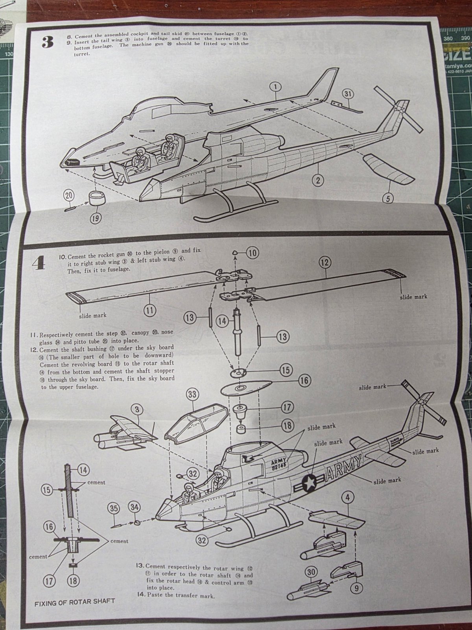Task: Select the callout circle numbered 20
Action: point(69,196)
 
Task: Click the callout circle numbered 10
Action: point(253,252)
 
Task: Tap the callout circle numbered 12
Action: point(325,262)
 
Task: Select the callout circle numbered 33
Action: point(192,394)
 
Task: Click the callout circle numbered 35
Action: point(114,508)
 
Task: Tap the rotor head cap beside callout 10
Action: point(235,252)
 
